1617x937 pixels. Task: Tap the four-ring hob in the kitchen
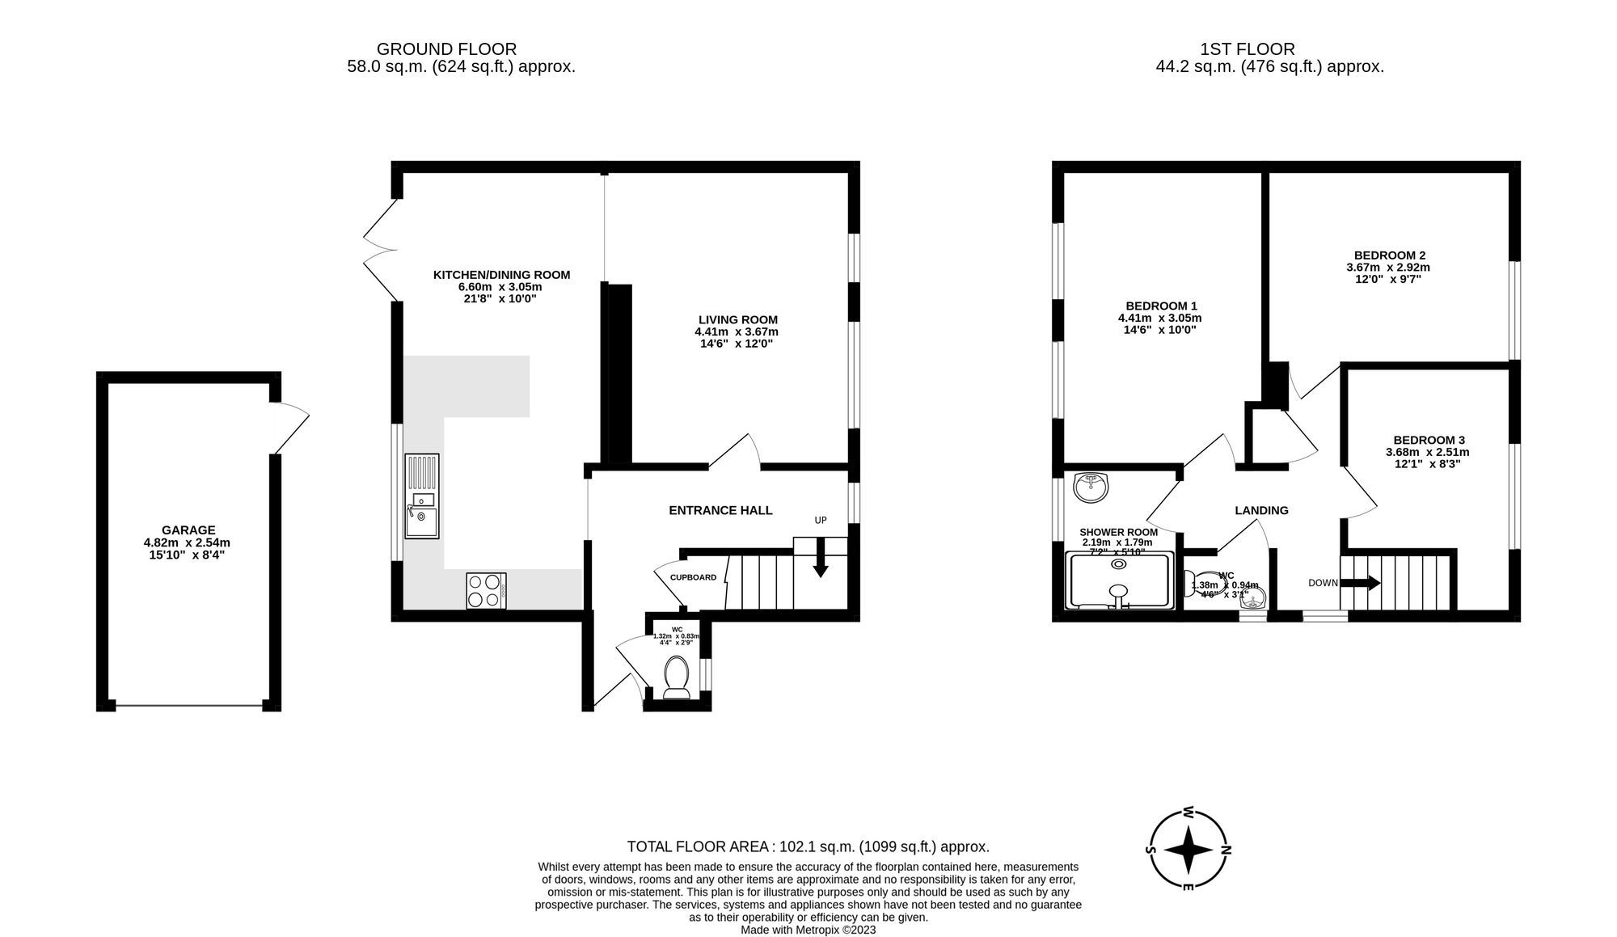(486, 590)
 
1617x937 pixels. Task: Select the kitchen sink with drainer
(422, 496)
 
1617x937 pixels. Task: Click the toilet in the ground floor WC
(675, 677)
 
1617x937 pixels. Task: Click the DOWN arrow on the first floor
(1360, 583)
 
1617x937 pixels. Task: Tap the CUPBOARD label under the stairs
(693, 577)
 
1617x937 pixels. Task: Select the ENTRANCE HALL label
(720, 510)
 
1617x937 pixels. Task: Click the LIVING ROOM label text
(737, 319)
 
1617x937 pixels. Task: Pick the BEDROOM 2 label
(1389, 255)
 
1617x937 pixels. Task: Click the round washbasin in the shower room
(1091, 487)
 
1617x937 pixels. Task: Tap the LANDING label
(1261, 510)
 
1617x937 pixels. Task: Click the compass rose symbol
(1188, 850)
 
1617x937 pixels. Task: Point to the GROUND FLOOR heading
(446, 49)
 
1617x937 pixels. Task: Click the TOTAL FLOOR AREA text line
(808, 846)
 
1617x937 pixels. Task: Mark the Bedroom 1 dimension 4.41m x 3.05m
(1160, 318)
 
